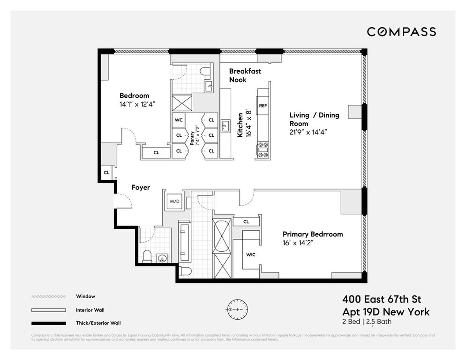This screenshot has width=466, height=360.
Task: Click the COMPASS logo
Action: (x=402, y=32)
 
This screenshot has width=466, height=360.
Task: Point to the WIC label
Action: (x=251, y=255)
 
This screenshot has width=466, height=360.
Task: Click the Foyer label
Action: (x=141, y=188)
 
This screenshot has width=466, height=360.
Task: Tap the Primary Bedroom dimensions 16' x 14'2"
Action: (x=298, y=243)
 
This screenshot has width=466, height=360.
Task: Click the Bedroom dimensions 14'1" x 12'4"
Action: (x=138, y=104)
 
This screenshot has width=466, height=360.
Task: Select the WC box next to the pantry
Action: (x=179, y=120)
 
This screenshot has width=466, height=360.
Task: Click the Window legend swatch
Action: (x=48, y=297)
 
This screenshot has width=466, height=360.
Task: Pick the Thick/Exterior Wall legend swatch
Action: (x=48, y=323)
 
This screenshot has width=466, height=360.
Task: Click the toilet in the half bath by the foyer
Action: (x=147, y=256)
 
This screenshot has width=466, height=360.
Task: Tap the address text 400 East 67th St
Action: (x=381, y=299)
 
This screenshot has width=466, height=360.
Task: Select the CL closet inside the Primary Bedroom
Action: (x=246, y=222)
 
